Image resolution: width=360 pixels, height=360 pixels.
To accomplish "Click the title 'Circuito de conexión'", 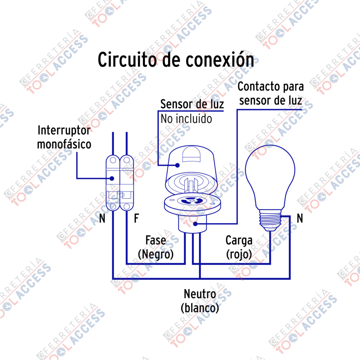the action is [x=176, y=60].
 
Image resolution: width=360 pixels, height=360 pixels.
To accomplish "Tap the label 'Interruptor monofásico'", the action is [x=64, y=138].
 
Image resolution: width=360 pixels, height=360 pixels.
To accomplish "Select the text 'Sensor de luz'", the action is [x=192, y=104].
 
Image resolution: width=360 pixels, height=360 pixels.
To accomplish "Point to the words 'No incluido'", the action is [x=186, y=119].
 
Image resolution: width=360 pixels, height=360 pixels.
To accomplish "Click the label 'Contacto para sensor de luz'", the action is [x=271, y=94].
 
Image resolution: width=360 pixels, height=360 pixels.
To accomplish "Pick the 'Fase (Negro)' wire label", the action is [x=156, y=248].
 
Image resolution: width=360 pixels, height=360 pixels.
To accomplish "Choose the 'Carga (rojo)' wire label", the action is [x=239, y=248].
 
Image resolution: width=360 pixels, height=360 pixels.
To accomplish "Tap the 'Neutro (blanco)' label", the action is [x=200, y=301].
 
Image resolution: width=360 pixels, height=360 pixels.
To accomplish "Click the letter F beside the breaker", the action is [x=136, y=218].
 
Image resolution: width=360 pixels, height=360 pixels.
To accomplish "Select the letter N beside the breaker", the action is [x=102, y=218].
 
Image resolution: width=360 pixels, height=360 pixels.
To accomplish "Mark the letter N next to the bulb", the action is [x=300, y=218].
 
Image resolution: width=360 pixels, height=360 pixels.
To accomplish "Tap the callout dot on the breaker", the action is [x=112, y=179].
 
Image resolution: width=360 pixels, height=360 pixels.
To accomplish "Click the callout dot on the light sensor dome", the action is [x=177, y=165].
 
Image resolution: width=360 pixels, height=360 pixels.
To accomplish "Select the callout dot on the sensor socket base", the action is [x=195, y=224].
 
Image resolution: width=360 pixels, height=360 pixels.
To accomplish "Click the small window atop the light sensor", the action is [x=191, y=154].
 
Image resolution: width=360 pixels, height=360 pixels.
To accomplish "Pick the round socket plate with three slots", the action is [x=192, y=203].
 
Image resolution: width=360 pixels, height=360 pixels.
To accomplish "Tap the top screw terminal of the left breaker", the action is [x=113, y=160].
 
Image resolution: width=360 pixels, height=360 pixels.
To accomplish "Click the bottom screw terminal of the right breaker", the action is [x=126, y=206].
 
